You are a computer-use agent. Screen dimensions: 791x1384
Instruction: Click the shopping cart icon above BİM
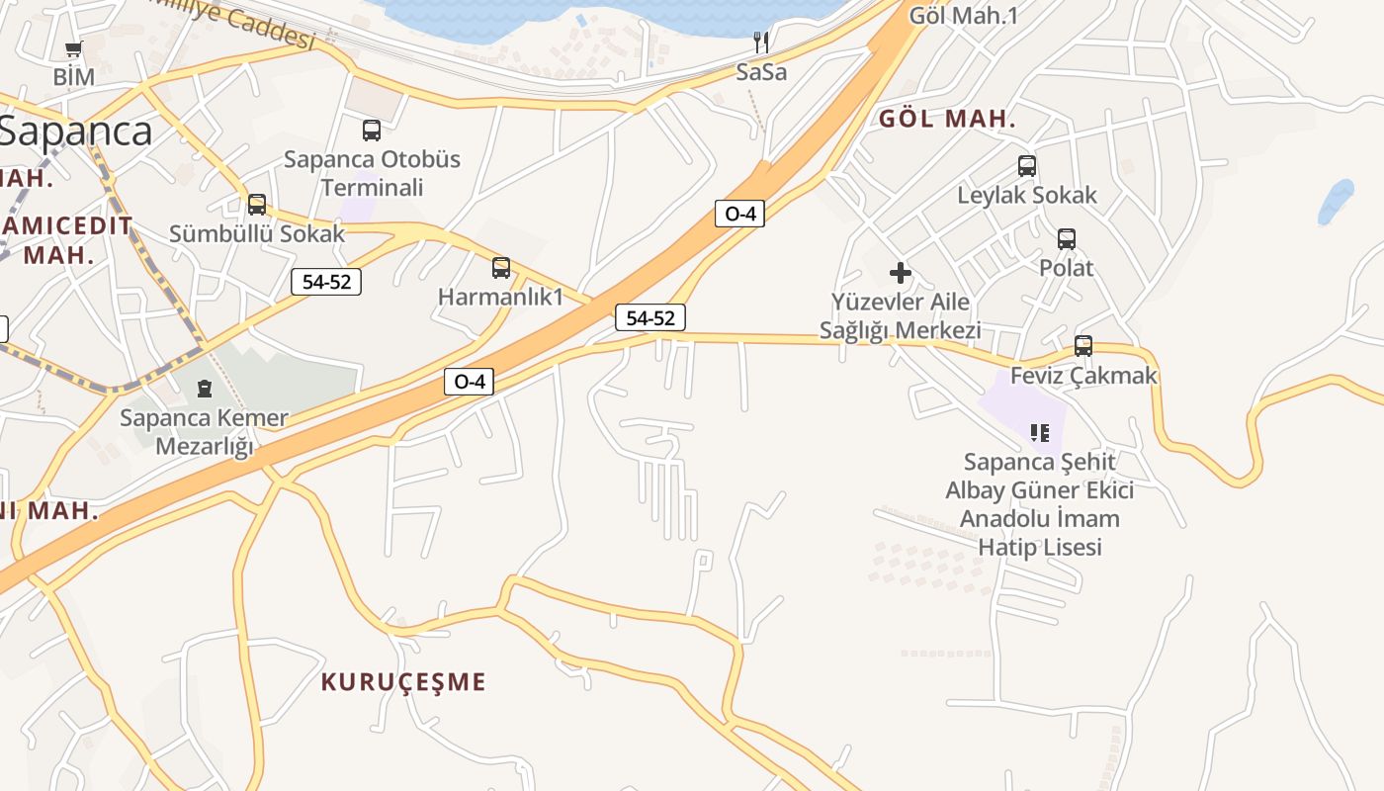(x=73, y=48)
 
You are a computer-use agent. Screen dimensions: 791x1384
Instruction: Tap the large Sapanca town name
(x=76, y=132)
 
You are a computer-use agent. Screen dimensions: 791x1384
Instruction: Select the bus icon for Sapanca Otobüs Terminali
(x=372, y=130)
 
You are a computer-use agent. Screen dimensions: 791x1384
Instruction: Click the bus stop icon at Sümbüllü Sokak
(x=257, y=205)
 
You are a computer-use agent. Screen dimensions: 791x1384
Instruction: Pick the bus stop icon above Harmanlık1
(x=501, y=267)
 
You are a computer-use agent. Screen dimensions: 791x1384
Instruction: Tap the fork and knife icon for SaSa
(x=761, y=43)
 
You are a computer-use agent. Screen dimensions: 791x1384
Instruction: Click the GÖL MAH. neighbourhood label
(x=947, y=120)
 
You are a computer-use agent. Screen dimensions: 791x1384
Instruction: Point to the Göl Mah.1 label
(x=963, y=15)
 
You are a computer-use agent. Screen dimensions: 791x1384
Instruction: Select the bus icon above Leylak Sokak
(x=1027, y=166)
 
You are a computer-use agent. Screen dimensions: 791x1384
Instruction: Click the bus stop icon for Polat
(x=1067, y=238)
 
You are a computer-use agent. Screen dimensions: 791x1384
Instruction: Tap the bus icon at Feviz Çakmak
(x=1083, y=346)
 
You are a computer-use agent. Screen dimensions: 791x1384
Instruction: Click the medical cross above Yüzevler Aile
(x=901, y=272)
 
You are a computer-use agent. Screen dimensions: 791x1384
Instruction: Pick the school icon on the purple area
(x=1039, y=432)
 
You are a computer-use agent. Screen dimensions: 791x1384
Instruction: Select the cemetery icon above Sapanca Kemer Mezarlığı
(x=205, y=388)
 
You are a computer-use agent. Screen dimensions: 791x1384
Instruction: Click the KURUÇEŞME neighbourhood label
(x=403, y=681)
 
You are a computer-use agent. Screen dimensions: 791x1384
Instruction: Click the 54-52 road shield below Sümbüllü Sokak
(x=326, y=282)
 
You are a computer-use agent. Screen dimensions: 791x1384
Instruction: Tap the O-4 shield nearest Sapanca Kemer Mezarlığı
(x=469, y=382)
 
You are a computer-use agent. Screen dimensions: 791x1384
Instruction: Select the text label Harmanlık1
(x=500, y=297)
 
